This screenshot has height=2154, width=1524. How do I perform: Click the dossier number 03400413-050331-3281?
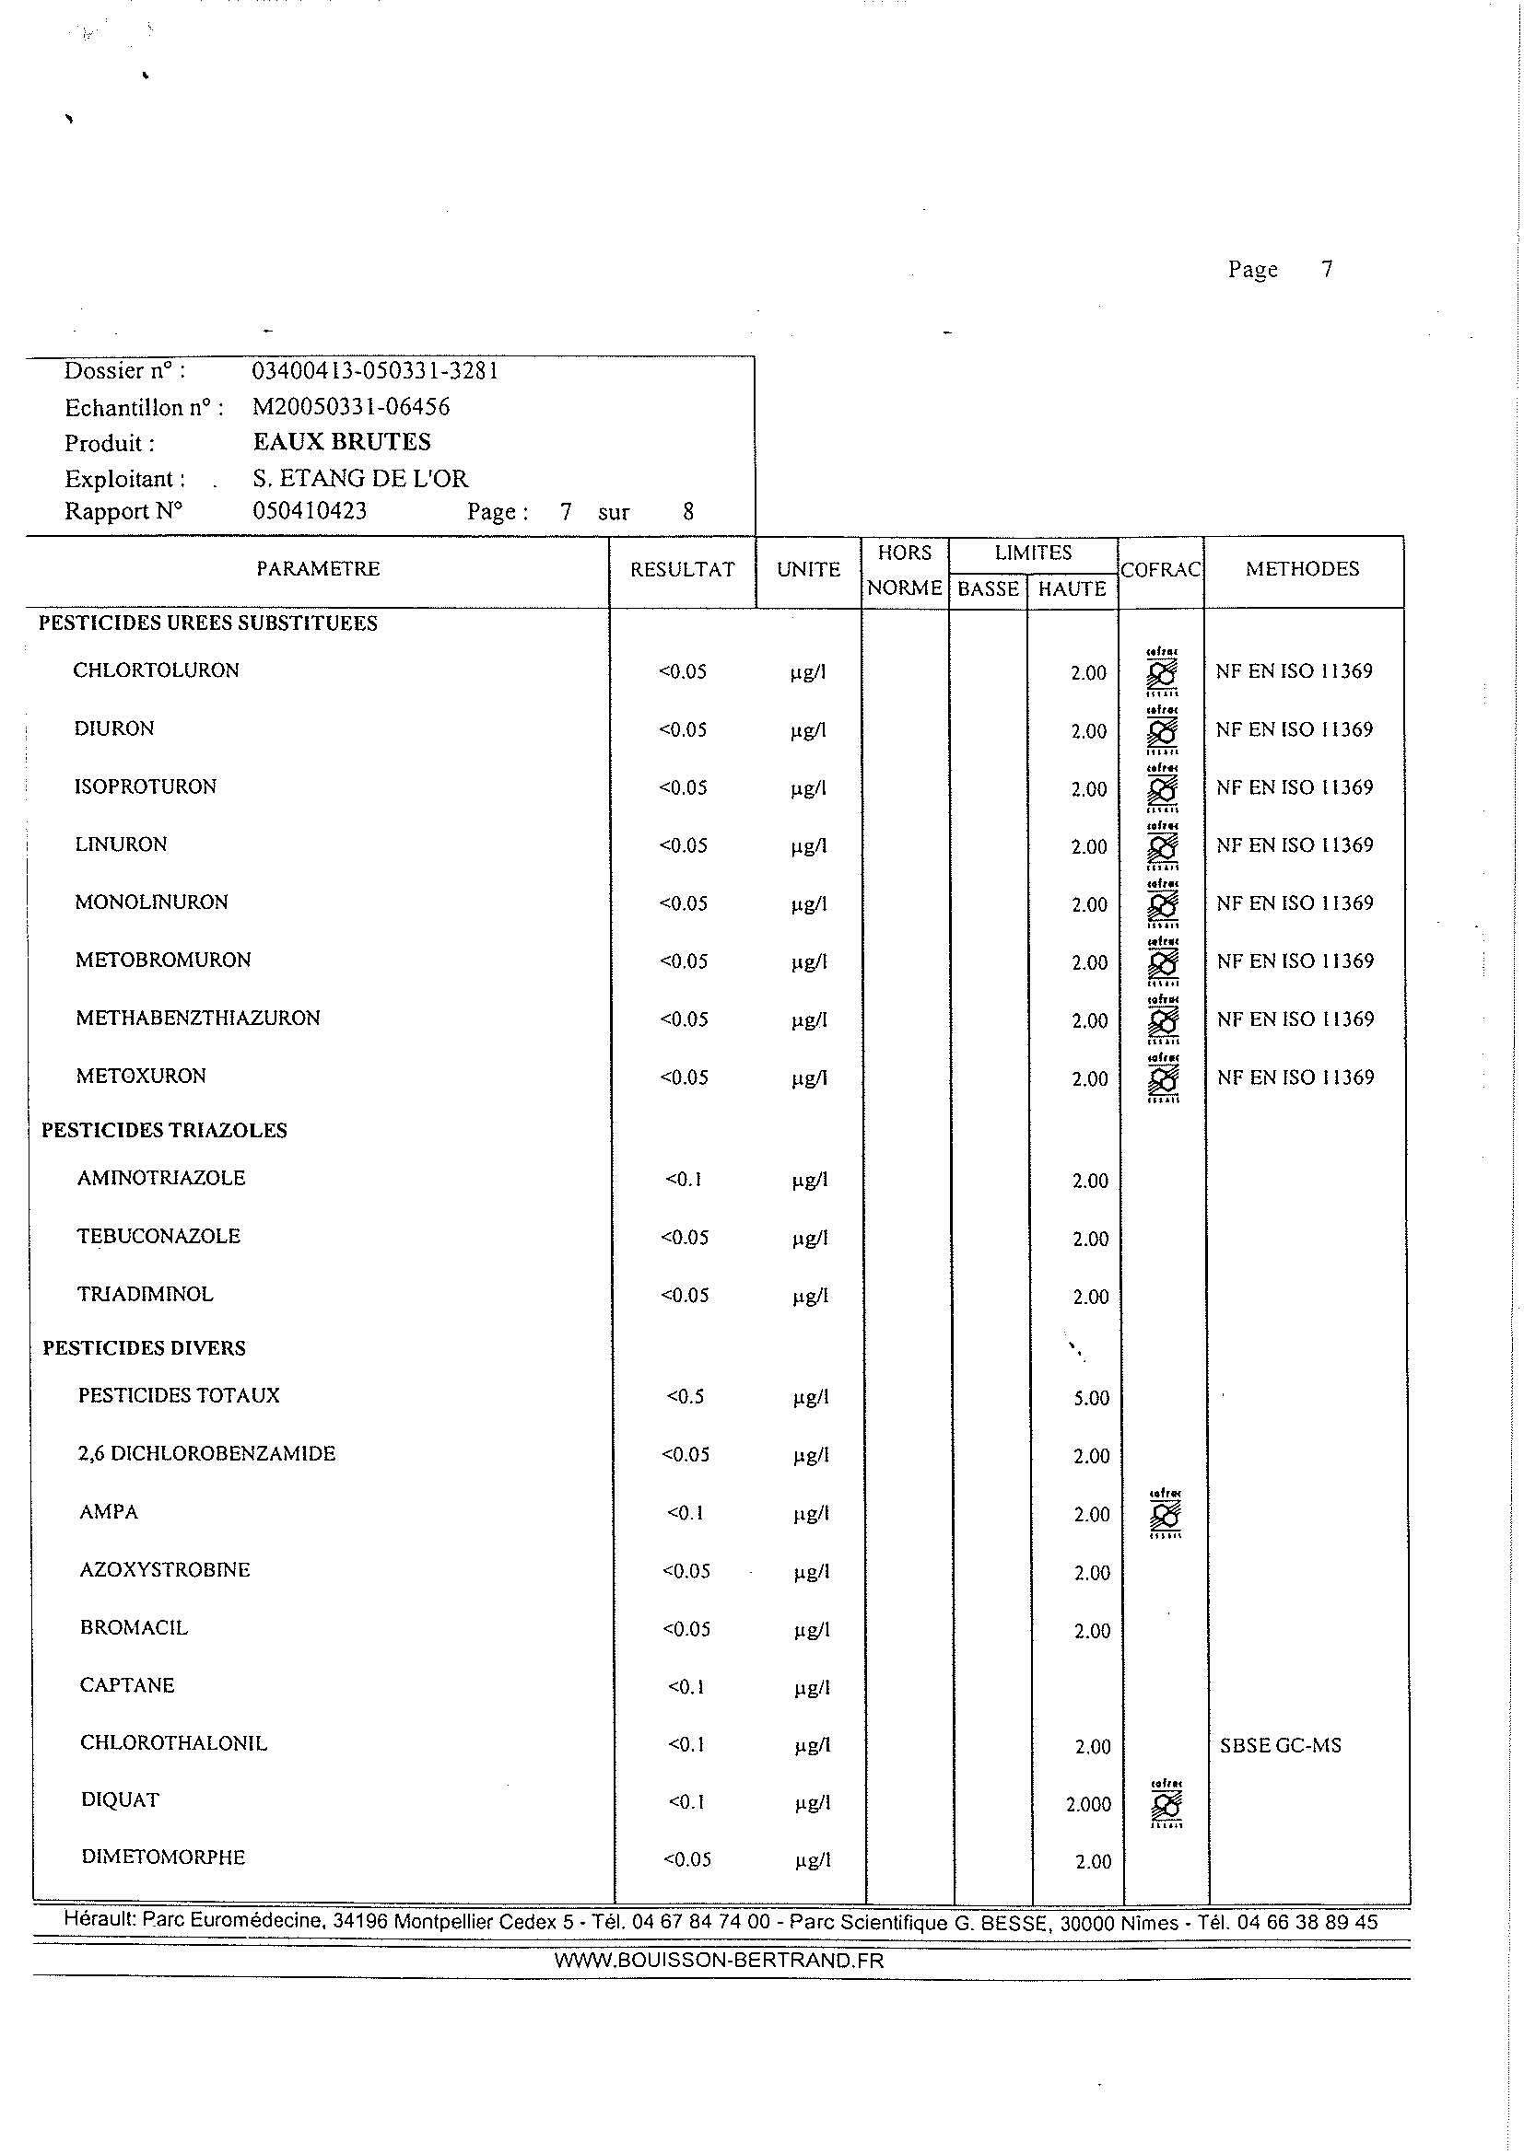[x=374, y=370]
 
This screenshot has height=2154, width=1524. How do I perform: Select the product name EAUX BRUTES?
[x=342, y=442]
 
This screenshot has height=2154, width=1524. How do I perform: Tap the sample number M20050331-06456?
[x=351, y=406]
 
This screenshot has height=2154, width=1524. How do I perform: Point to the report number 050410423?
[x=310, y=511]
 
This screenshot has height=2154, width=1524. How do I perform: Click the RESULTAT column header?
[x=682, y=569]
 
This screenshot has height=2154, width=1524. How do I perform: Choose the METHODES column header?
[x=1302, y=568]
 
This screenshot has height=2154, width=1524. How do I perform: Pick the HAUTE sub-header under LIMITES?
[x=1072, y=589]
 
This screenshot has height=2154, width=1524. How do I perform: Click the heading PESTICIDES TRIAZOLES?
[x=164, y=1131]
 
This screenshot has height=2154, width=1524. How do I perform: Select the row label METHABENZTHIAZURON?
[x=198, y=1018]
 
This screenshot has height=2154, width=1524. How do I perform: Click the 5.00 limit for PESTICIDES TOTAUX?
[x=1090, y=1398]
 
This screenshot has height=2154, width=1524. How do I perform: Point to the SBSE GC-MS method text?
[x=1280, y=1746]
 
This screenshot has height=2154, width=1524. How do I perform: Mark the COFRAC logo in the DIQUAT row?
[x=1166, y=1804]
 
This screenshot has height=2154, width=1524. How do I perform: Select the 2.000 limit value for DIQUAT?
[x=1088, y=1804]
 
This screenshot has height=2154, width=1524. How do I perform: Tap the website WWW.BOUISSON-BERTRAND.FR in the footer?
[x=719, y=1961]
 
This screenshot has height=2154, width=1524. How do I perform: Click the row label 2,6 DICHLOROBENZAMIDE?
[x=206, y=1454]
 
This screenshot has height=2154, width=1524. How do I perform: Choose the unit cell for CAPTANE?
[x=812, y=1689]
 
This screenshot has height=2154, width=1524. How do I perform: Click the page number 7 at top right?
[x=1326, y=269]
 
